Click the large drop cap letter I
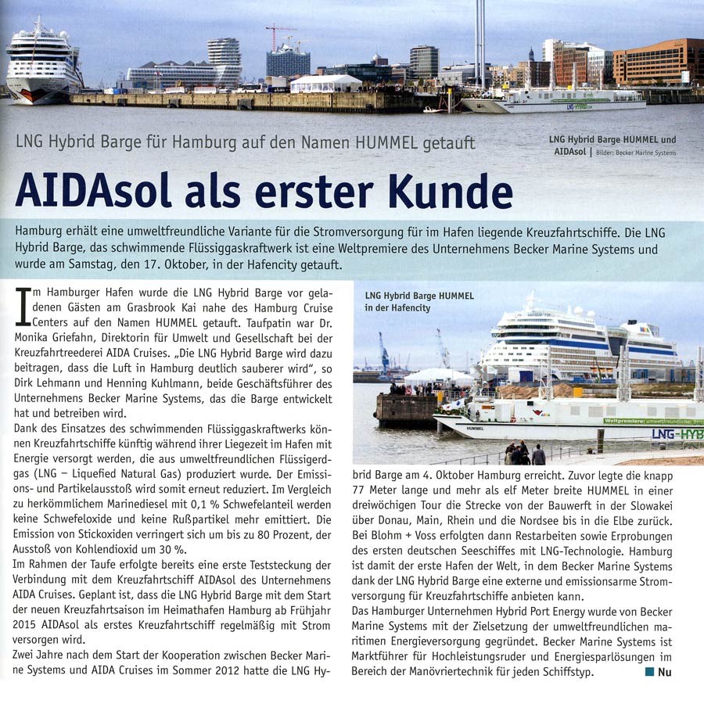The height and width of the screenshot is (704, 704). [x=23, y=307]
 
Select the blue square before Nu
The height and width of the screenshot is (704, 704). [x=648, y=671]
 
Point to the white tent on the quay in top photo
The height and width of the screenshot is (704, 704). [x=325, y=83]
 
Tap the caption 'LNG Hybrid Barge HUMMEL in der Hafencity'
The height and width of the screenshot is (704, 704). [x=418, y=302]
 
